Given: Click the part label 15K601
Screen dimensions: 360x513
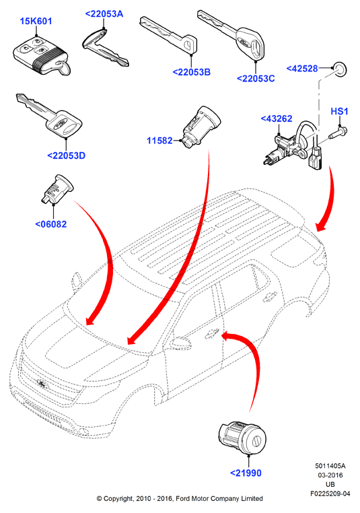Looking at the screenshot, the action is [x=36, y=22].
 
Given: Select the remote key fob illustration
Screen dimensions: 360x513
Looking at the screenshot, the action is [x=42, y=57].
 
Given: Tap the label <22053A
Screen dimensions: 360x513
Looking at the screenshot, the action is [x=104, y=13].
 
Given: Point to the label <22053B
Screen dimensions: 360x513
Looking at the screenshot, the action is [x=191, y=72].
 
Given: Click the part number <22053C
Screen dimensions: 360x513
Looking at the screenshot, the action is [x=256, y=79].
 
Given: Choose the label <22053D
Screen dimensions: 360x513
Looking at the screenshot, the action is [x=67, y=156].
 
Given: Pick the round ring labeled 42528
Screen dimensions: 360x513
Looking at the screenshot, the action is [x=340, y=69].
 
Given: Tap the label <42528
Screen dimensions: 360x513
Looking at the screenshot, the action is [x=302, y=69].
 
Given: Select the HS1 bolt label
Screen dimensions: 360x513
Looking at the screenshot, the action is [x=339, y=112].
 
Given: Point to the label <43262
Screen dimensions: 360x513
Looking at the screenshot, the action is [x=277, y=118].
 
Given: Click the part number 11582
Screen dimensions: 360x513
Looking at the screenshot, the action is [x=159, y=141].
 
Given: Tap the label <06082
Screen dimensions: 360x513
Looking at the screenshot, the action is [x=51, y=224].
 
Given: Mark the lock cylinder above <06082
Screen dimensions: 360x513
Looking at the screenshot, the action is [x=57, y=189].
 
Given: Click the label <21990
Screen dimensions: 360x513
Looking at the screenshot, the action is [x=246, y=473].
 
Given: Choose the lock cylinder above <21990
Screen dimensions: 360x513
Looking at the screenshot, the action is [x=242, y=438].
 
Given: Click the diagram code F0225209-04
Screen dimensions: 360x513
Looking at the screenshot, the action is [x=330, y=493].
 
